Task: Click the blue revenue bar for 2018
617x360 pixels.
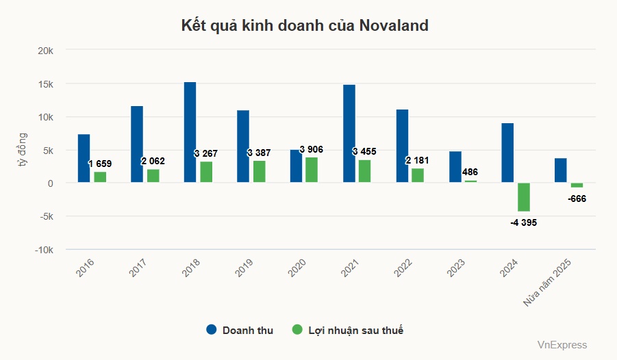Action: tap(190, 132)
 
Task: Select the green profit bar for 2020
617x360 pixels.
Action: tap(312, 170)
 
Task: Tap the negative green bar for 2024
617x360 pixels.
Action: tap(523, 197)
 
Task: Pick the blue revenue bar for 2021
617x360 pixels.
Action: tap(349, 133)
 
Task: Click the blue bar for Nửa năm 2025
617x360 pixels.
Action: tap(561, 170)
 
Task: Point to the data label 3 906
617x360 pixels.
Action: tap(312, 149)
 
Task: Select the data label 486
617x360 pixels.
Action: tap(470, 172)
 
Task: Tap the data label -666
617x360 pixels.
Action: tap(577, 199)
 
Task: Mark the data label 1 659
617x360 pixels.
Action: tap(100, 164)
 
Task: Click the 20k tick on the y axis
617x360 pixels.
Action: tap(54, 51)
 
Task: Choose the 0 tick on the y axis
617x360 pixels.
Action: tap(60, 183)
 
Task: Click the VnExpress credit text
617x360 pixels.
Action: tap(562, 345)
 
